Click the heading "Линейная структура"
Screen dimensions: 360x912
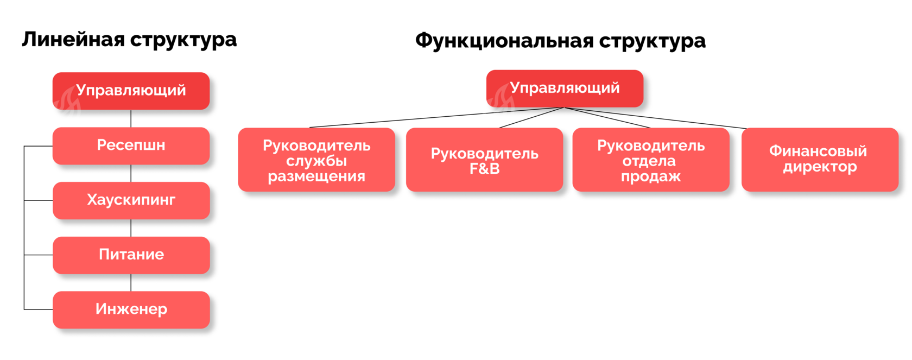(129, 40)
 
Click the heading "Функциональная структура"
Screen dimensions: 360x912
(560, 41)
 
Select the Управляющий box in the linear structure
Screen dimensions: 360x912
(131, 91)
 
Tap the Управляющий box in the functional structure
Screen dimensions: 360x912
(565, 88)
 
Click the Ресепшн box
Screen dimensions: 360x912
(131, 146)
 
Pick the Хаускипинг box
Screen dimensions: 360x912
(131, 200)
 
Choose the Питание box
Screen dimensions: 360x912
(131, 255)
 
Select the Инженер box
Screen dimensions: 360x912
(131, 310)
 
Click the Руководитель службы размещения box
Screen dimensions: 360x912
(316, 160)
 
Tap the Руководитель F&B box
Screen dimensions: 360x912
(484, 160)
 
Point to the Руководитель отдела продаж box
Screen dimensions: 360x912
(650, 160)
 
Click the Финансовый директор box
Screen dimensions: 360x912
(820, 160)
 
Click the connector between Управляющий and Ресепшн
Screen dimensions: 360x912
(131, 118)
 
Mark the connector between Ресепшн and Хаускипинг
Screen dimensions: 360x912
(131, 173)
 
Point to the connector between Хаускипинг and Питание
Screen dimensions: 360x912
(131, 228)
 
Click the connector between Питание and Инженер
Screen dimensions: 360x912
(131, 282)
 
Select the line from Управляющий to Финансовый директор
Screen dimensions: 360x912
(656, 118)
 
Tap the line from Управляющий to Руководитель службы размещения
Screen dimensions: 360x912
(437, 117)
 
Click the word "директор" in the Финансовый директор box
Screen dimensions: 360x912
(820, 167)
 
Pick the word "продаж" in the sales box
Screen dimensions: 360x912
(650, 176)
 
